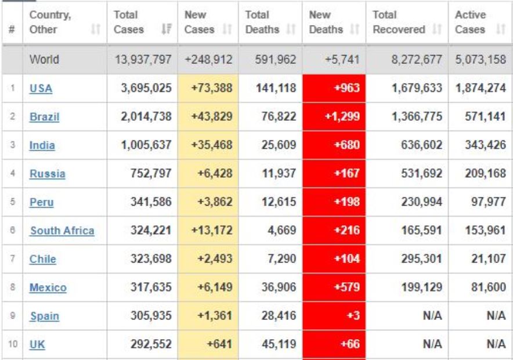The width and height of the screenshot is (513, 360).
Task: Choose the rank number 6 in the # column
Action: point(12,231)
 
